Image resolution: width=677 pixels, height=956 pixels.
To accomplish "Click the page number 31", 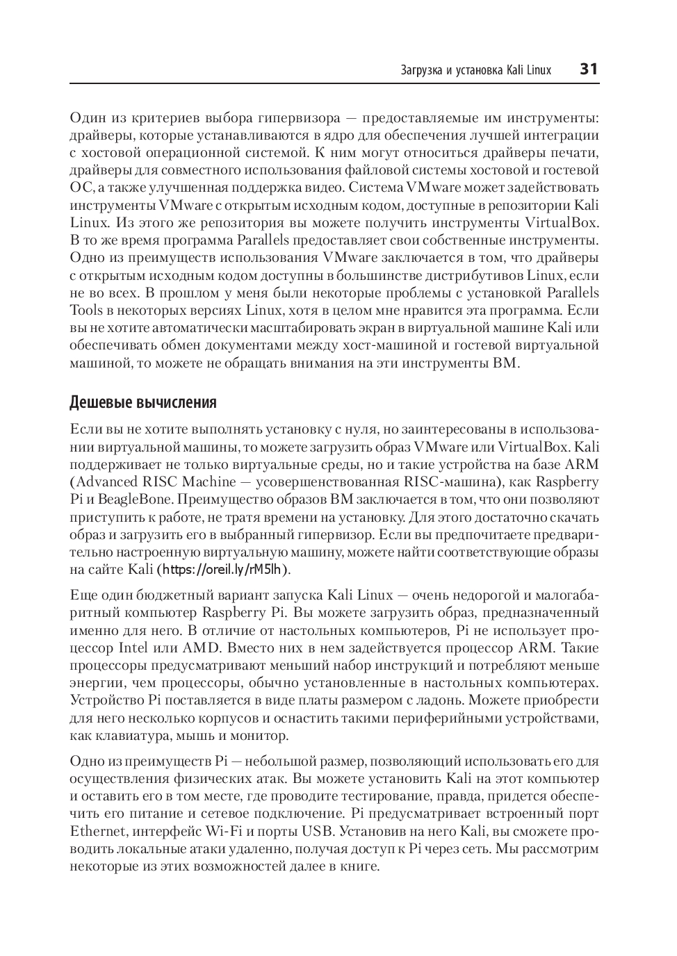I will click(x=589, y=69).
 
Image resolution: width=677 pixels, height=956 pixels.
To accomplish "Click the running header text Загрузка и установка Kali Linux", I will click(x=476, y=69).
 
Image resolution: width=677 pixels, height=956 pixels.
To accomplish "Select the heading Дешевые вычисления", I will click(x=143, y=402).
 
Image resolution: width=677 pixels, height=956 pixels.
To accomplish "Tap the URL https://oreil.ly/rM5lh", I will click(x=222, y=570).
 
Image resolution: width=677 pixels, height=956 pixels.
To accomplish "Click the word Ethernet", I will click(x=98, y=831).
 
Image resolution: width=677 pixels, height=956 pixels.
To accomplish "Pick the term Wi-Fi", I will click(x=222, y=831).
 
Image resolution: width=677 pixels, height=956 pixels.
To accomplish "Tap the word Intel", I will click(x=133, y=648).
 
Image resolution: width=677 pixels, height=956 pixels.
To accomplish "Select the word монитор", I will click(x=261, y=735).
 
